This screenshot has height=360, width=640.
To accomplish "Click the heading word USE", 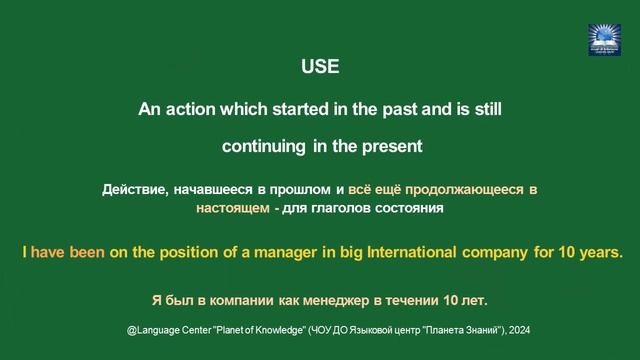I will click(x=320, y=69).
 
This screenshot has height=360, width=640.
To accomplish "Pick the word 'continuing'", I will click(x=264, y=146).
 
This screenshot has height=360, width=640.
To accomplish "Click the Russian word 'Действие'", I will click(x=132, y=189).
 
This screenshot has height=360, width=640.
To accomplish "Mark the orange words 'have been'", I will click(x=68, y=252).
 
